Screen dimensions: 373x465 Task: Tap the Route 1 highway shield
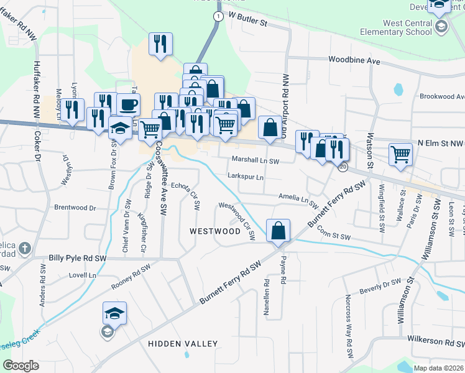click(x=218, y=17)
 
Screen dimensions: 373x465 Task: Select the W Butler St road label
click(x=247, y=19)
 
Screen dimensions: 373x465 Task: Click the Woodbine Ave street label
click(x=354, y=61)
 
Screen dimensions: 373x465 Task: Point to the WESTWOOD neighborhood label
click(x=214, y=231)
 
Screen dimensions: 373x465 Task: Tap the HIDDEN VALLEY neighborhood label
click(x=183, y=344)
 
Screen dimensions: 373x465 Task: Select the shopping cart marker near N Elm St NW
click(x=400, y=154)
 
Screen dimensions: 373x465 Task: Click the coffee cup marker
click(x=128, y=104)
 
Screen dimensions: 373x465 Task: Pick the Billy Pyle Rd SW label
click(x=78, y=257)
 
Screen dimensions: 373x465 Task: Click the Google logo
click(x=21, y=366)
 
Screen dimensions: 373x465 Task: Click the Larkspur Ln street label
click(x=246, y=177)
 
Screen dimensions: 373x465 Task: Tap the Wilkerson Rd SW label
click(x=435, y=341)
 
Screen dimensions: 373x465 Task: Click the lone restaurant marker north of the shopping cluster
click(x=160, y=44)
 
